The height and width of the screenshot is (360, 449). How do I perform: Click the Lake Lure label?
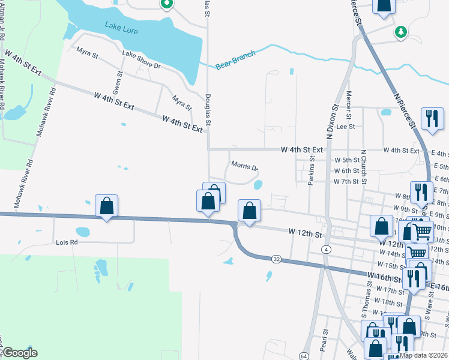point(122,26)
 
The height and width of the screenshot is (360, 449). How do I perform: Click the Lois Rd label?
point(67,242)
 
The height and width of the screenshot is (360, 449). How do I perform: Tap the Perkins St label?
point(312,172)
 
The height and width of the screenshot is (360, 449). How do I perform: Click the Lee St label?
point(346,127)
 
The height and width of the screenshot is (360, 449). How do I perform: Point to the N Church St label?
point(363,164)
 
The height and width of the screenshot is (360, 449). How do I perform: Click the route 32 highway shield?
point(276,259)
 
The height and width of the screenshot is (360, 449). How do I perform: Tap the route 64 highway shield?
point(305,356)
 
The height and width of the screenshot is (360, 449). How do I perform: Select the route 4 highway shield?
point(326,249)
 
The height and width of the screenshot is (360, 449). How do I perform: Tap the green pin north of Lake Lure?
point(166,4)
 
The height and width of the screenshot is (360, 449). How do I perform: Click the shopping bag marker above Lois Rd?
point(106,206)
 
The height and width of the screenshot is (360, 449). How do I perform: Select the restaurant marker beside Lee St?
point(432,118)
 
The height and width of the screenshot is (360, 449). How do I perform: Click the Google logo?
point(20,353)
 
